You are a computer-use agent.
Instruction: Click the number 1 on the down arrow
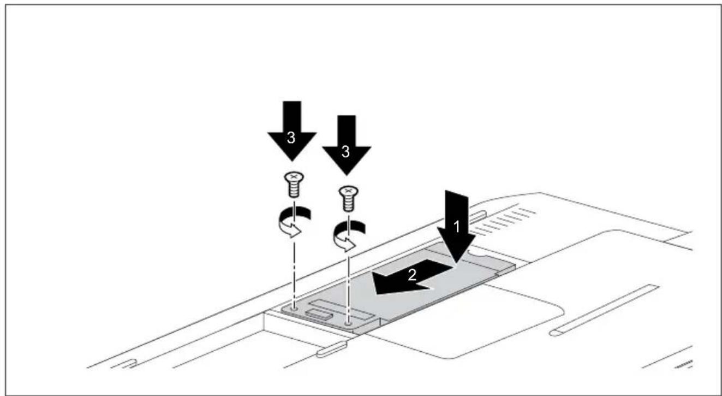pyautogui.click(x=456, y=227)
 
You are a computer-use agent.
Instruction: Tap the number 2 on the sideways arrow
pyautogui.click(x=412, y=275)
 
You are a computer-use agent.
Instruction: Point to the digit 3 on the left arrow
pyautogui.click(x=291, y=138)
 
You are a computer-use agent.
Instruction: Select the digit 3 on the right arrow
pyautogui.click(x=345, y=151)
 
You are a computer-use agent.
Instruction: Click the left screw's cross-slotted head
pyautogui.click(x=294, y=178)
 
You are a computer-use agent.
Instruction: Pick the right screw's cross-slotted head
pyautogui.click(x=348, y=191)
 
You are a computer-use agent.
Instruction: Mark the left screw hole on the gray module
pyautogui.click(x=294, y=309)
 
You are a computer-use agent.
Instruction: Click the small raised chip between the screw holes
pyautogui.click(x=319, y=315)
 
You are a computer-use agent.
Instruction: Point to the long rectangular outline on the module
pyautogui.click(x=342, y=309)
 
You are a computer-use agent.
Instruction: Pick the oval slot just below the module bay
pyautogui.click(x=332, y=350)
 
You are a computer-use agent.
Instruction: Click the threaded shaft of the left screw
pyautogui.click(x=294, y=190)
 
